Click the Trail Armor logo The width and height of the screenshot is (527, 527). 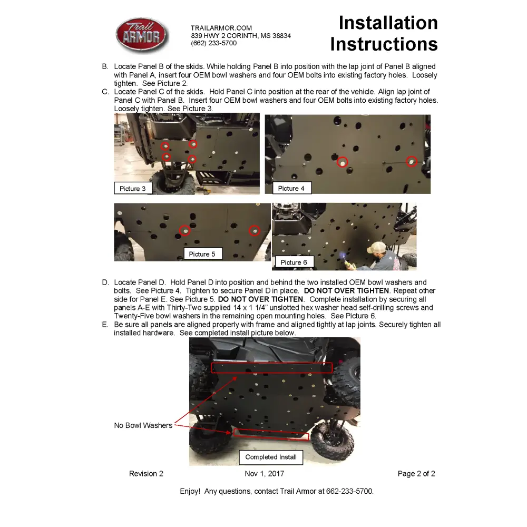click(142, 35)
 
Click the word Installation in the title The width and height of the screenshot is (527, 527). click(388, 23)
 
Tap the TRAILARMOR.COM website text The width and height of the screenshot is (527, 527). click(221, 28)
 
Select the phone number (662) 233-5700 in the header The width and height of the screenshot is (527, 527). click(213, 43)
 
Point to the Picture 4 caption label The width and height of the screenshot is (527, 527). click(291, 188)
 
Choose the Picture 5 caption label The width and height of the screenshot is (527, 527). click(202, 254)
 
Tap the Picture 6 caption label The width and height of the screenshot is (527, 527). click(294, 262)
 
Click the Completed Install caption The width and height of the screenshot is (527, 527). click(271, 457)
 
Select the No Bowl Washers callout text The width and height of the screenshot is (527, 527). click(143, 425)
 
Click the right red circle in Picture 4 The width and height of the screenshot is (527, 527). click(412, 161)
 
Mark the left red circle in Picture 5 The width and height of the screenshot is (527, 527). click(184, 230)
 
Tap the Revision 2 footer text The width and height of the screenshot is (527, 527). click(146, 474)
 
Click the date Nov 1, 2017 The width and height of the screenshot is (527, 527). click(265, 474)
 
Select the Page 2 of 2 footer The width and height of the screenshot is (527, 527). click(416, 474)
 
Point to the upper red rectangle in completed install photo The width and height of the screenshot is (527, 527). click(272, 367)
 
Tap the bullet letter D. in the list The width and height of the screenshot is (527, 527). click(105, 282)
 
